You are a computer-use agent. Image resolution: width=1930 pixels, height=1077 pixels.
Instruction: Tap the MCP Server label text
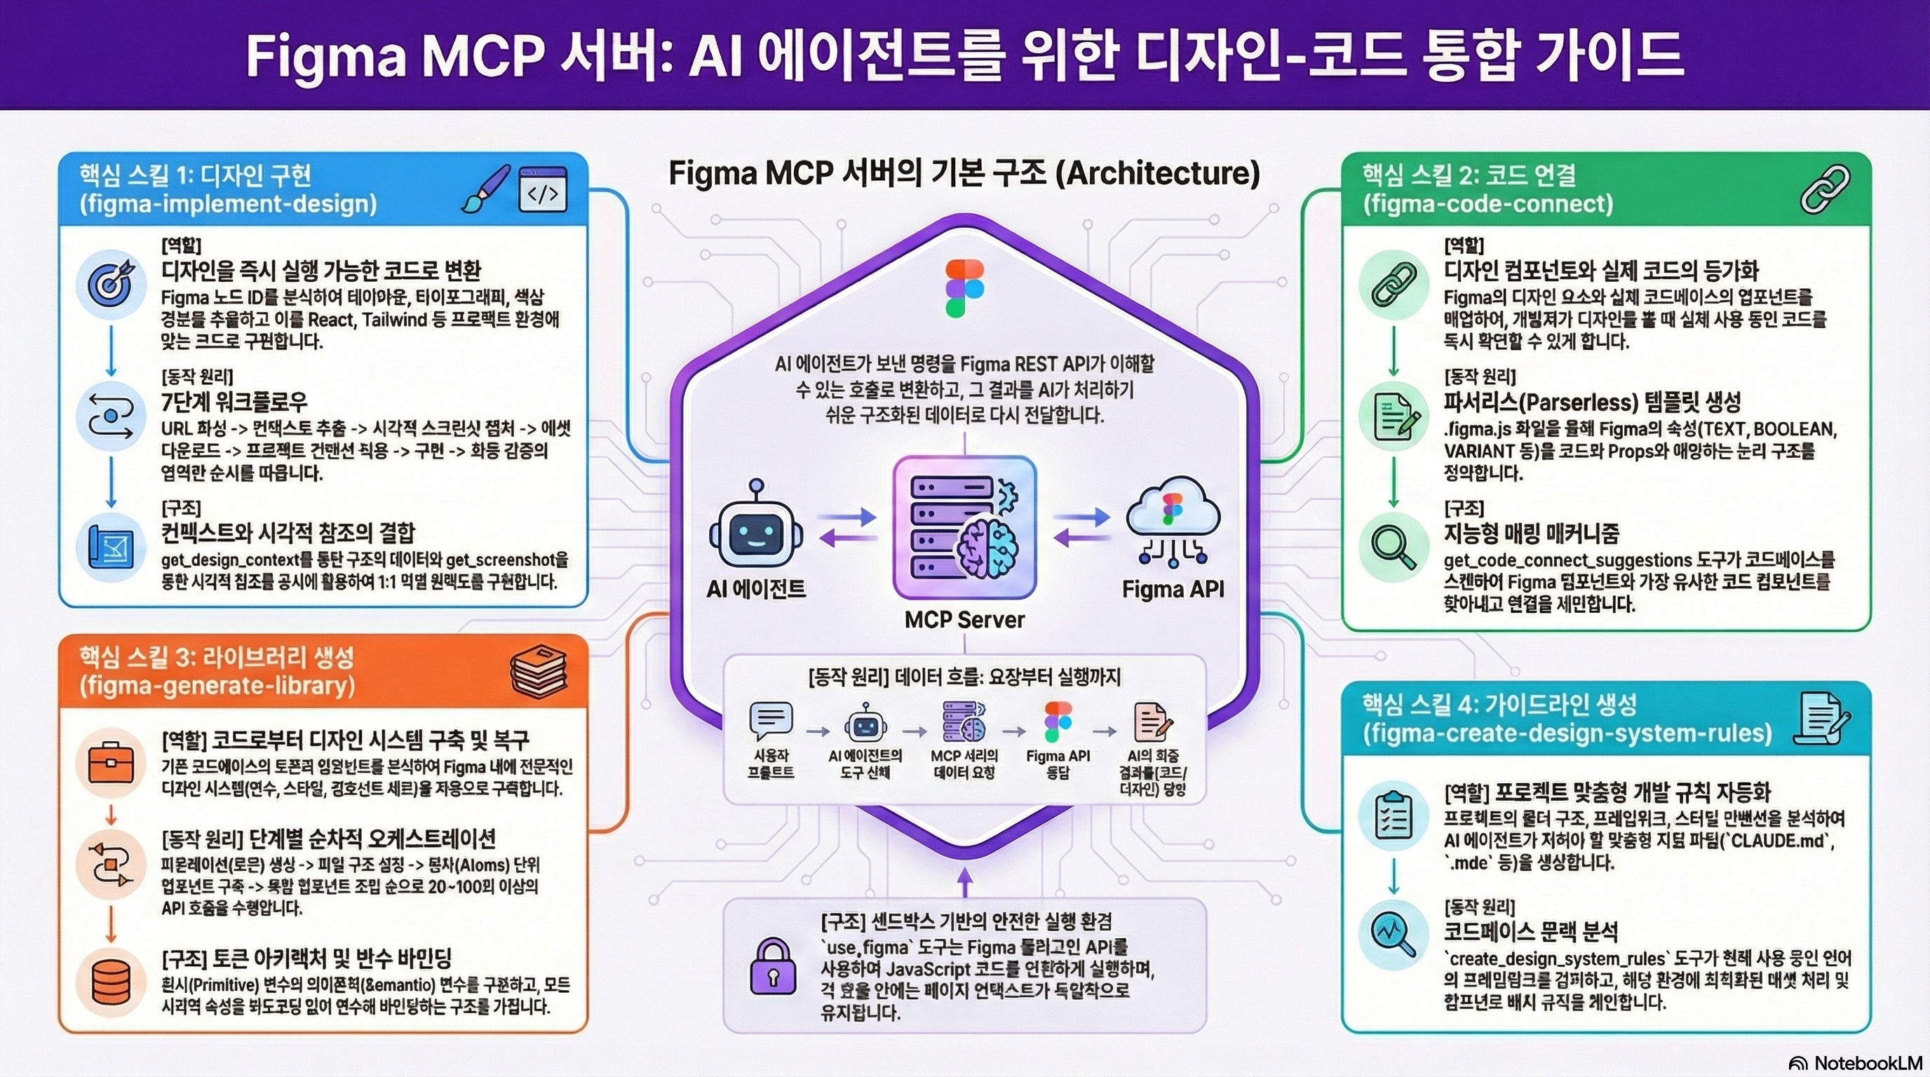click(x=964, y=619)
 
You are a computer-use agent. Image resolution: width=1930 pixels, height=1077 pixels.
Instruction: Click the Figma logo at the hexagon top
click(x=964, y=288)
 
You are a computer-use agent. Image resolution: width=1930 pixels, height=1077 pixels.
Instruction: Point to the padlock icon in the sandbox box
click(x=772, y=966)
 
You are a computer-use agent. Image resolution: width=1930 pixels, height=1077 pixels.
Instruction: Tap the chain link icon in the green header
click(x=1825, y=189)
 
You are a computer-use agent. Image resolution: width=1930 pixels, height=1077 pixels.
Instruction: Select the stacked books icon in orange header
click(x=538, y=670)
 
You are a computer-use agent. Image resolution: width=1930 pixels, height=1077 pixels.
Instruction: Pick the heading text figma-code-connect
click(x=1487, y=204)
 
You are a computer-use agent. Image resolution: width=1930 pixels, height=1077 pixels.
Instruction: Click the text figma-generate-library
click(x=217, y=686)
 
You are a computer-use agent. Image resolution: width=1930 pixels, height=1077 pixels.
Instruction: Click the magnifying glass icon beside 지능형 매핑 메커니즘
click(x=1393, y=548)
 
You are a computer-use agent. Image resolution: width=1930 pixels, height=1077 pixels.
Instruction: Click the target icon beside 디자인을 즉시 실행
click(x=111, y=285)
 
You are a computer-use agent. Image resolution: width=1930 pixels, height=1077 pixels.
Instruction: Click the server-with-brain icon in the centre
click(x=964, y=528)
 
